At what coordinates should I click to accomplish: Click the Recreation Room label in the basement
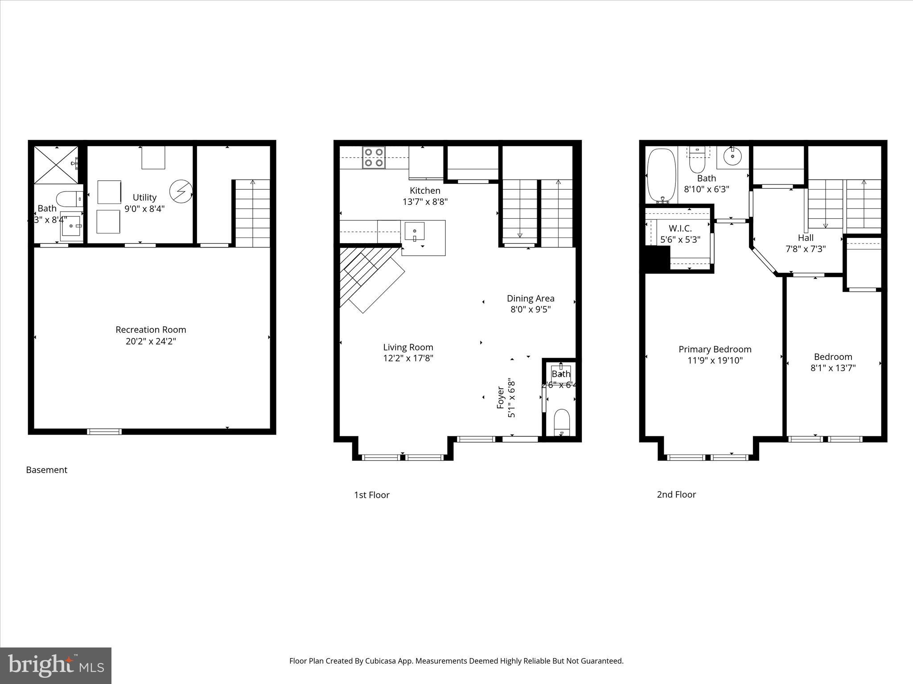click(151, 330)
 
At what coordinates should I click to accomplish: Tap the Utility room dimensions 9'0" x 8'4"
click(144, 209)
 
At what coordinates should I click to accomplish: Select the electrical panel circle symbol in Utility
click(181, 191)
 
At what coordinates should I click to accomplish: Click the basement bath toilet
click(70, 199)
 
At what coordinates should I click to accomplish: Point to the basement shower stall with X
click(56, 165)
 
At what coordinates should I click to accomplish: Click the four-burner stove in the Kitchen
click(374, 158)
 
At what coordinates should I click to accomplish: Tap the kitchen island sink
click(415, 232)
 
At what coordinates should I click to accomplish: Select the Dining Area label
click(531, 298)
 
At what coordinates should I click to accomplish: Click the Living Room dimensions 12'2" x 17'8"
click(408, 358)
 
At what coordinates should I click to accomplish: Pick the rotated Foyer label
click(501, 398)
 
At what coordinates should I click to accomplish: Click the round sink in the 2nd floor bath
click(732, 157)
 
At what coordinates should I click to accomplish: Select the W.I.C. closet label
click(680, 228)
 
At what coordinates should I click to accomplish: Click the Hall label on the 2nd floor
click(806, 238)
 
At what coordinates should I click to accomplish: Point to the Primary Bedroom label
click(715, 349)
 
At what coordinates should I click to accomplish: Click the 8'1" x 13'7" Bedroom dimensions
click(833, 368)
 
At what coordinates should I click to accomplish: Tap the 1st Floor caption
click(371, 495)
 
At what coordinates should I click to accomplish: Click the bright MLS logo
click(56, 665)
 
